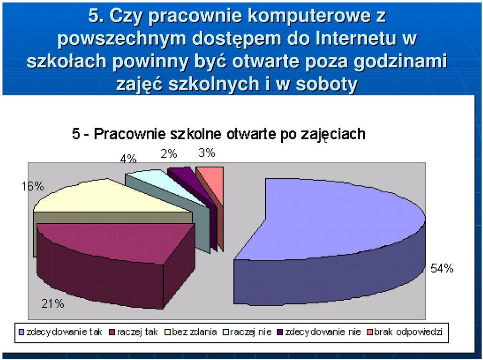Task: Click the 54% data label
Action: [x=442, y=268]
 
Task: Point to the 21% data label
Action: [x=53, y=304]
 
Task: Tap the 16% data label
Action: [x=33, y=187]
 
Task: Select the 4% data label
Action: [x=128, y=159]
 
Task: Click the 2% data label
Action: [x=169, y=153]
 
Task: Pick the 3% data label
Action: [x=207, y=152]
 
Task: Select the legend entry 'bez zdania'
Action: [x=191, y=332]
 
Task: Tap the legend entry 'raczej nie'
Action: [x=248, y=332]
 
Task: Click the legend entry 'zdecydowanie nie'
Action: [x=319, y=332]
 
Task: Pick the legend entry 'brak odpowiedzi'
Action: [x=405, y=332]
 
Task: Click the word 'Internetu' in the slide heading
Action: [x=356, y=38]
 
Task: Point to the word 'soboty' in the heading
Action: [x=327, y=84]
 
